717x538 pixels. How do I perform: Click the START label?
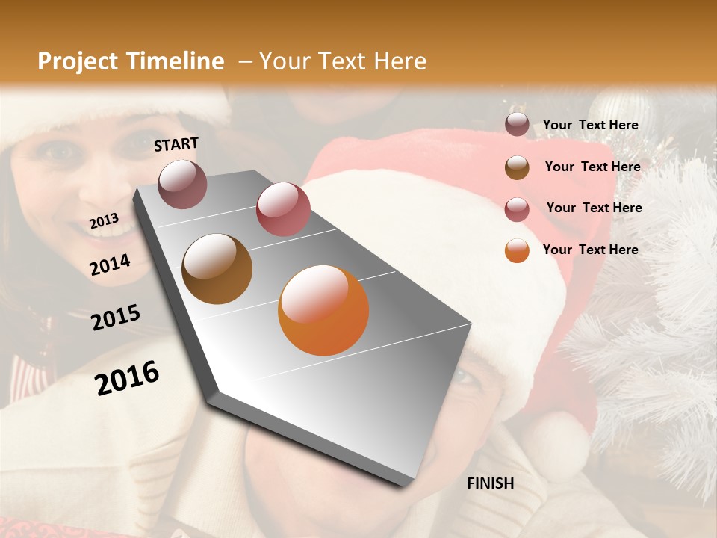click(x=176, y=144)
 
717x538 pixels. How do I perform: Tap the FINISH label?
click(x=490, y=483)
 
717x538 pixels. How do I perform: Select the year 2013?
click(x=104, y=221)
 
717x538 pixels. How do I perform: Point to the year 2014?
click(x=110, y=265)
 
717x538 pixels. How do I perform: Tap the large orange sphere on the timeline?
click(x=323, y=310)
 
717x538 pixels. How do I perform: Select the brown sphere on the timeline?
click(x=217, y=269)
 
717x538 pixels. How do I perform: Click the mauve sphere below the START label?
click(x=182, y=184)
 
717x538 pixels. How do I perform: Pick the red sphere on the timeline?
click(x=283, y=209)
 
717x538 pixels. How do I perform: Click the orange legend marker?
click(x=517, y=250)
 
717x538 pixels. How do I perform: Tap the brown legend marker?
click(x=517, y=167)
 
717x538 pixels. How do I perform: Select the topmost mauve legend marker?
click(x=517, y=125)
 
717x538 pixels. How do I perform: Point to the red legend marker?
click(x=517, y=208)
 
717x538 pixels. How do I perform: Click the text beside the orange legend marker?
click(x=590, y=250)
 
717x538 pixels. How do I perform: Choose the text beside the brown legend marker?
click(x=592, y=167)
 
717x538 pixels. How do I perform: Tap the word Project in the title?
click(x=78, y=61)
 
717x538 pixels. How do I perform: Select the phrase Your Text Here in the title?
click(x=343, y=61)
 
